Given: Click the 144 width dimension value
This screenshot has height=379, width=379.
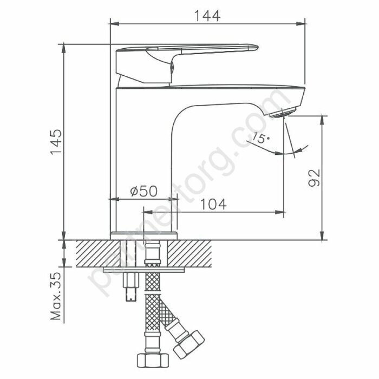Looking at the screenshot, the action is [x=207, y=16].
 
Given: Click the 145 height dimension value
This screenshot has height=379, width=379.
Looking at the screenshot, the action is [x=56, y=142].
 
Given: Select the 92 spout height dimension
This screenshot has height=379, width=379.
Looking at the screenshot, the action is [x=314, y=178].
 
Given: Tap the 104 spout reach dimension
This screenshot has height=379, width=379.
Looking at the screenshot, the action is [x=214, y=204].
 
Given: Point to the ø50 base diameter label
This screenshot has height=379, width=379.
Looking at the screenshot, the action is [x=143, y=191].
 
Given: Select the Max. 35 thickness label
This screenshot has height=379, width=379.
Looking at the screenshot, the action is [x=56, y=296].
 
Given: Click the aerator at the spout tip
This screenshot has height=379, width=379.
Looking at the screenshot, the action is [x=283, y=113].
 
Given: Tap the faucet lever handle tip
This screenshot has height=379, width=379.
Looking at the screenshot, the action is [x=257, y=47].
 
